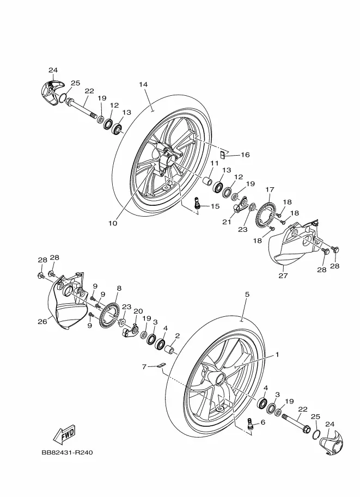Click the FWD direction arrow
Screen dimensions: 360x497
[x=64, y=433]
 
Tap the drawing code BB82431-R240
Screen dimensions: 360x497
[x=67, y=452]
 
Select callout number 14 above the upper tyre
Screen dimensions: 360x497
[x=143, y=84]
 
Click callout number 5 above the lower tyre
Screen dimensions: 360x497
[x=247, y=294]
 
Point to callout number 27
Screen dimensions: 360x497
[x=283, y=275]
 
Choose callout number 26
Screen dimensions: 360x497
[x=42, y=321]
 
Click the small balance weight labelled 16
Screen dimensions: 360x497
[x=223, y=155]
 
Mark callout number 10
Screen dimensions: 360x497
[x=113, y=223]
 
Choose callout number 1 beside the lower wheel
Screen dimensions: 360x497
[x=277, y=354]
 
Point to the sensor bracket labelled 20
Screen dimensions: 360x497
[x=130, y=330]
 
